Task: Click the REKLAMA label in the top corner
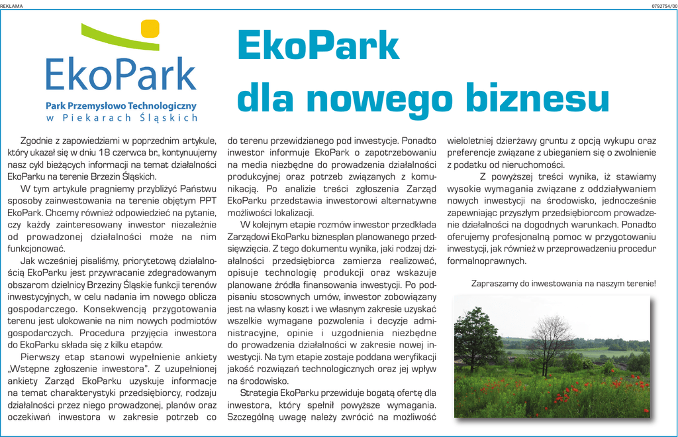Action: (x=11, y=6)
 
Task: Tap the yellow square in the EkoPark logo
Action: (x=150, y=28)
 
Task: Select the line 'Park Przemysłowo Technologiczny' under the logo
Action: (x=121, y=105)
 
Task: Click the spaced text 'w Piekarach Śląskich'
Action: (x=122, y=118)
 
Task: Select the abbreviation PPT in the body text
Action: (x=206, y=200)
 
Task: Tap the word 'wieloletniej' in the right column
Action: (x=475, y=141)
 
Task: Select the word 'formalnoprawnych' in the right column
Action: (x=487, y=261)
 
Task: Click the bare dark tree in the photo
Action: (x=549, y=342)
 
